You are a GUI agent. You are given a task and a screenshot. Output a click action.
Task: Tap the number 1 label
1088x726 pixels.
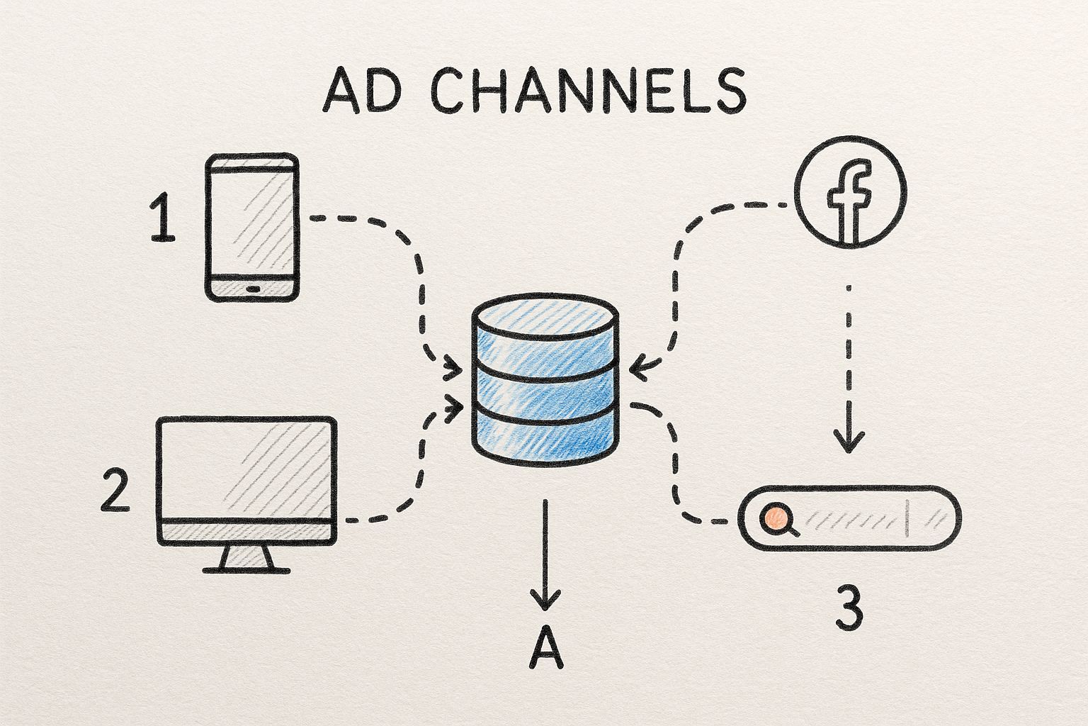(x=164, y=220)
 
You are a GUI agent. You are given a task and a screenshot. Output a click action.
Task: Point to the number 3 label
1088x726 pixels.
(x=849, y=608)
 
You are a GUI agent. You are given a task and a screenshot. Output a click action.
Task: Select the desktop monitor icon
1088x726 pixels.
(x=246, y=482)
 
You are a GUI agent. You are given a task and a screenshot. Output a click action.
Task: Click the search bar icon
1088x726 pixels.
(x=849, y=518)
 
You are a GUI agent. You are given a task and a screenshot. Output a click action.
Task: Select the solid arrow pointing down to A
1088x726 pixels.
(x=545, y=553)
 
